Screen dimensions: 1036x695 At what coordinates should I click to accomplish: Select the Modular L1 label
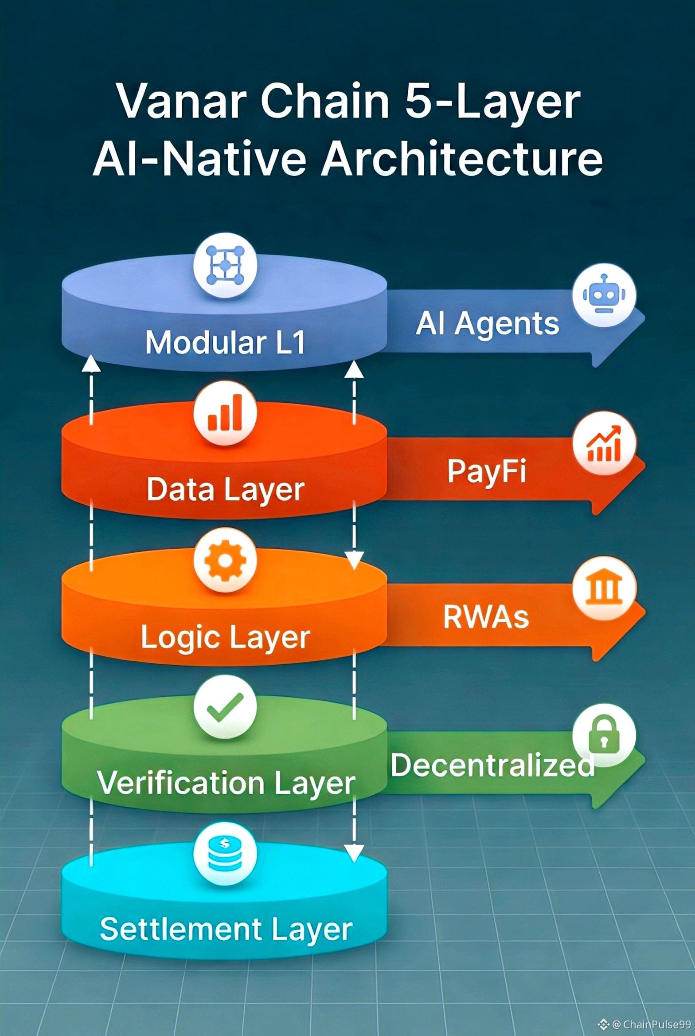(225, 342)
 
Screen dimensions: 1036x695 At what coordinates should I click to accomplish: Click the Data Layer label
(225, 490)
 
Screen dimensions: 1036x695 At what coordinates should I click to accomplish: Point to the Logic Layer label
(225, 638)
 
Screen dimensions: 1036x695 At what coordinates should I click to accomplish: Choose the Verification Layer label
(226, 783)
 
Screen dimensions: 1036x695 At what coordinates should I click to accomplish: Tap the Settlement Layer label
(226, 929)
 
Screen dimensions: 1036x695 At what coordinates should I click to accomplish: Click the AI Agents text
(487, 324)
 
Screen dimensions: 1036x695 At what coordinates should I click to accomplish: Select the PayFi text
(486, 471)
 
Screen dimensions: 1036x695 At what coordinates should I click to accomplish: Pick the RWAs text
(486, 617)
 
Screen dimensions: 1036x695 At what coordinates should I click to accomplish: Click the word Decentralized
(492, 765)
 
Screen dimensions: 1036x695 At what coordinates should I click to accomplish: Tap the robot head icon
(604, 295)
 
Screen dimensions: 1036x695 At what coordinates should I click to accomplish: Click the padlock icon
(604, 735)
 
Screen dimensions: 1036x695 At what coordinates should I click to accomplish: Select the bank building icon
(604, 588)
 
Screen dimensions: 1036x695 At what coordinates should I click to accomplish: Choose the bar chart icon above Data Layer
(225, 413)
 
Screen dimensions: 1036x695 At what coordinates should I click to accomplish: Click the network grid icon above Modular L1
(225, 266)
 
